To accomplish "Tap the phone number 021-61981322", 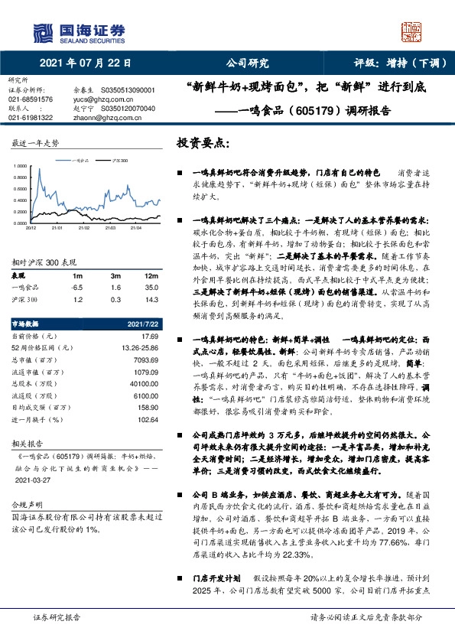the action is [x=30, y=117].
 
